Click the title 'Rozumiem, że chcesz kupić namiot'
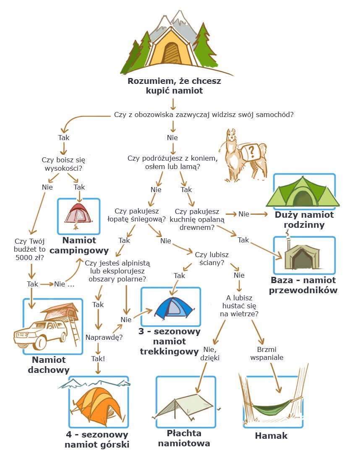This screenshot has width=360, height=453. [x=174, y=85]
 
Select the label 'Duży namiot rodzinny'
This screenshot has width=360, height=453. [x=304, y=219]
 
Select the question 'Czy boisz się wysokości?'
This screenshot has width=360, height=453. [x=63, y=164]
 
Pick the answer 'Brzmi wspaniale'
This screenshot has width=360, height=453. [x=267, y=353]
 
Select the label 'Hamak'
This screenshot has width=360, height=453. [x=271, y=435]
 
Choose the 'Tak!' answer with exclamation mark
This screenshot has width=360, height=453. [x=98, y=359]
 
